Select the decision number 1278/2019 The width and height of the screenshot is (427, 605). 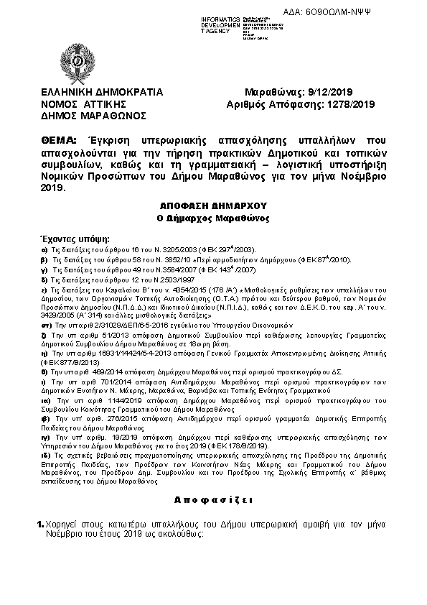coord(351,103)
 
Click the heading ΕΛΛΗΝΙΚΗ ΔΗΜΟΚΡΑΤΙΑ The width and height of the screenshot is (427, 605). coord(102,92)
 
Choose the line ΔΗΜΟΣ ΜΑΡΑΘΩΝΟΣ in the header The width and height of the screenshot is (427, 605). coord(93,115)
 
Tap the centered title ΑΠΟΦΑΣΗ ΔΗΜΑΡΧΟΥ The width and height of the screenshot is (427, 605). coord(212,203)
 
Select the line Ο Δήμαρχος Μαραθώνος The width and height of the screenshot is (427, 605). coord(212,216)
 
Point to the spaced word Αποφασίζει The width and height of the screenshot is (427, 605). coord(212,499)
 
